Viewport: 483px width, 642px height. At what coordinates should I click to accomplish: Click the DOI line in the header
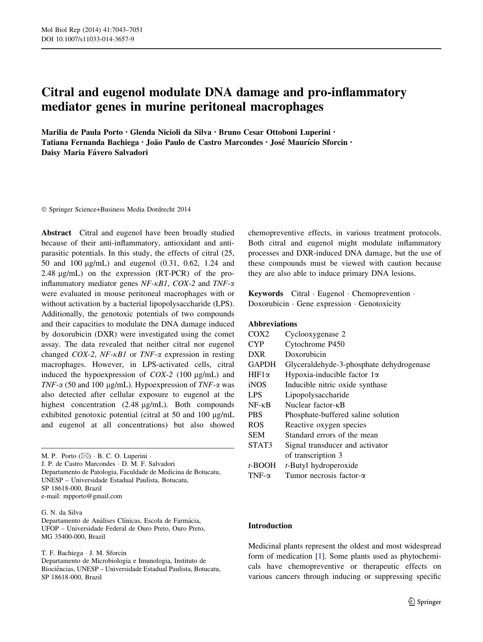tap(88, 39)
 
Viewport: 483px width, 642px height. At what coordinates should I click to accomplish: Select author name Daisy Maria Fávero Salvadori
tap(95, 153)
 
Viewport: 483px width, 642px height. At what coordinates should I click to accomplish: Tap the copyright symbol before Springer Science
tap(44, 210)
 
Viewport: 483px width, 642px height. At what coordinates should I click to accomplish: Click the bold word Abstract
tap(56, 233)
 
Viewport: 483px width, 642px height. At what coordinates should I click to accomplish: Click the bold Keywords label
tap(265, 294)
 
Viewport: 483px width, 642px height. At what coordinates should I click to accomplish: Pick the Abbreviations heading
tap(272, 324)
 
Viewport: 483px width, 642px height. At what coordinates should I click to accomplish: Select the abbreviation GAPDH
tap(262, 365)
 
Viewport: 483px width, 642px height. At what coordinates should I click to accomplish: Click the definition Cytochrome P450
tap(314, 344)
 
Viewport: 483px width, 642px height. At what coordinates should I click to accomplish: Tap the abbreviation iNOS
tap(257, 385)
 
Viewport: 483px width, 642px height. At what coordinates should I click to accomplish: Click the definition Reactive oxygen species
tap(325, 425)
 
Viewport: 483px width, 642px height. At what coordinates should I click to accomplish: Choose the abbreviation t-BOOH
tap(262, 466)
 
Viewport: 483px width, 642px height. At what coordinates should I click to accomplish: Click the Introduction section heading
tap(270, 526)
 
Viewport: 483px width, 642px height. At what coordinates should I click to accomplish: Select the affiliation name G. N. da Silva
tap(61, 512)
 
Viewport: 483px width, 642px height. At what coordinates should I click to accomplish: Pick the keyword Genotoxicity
tap(379, 304)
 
